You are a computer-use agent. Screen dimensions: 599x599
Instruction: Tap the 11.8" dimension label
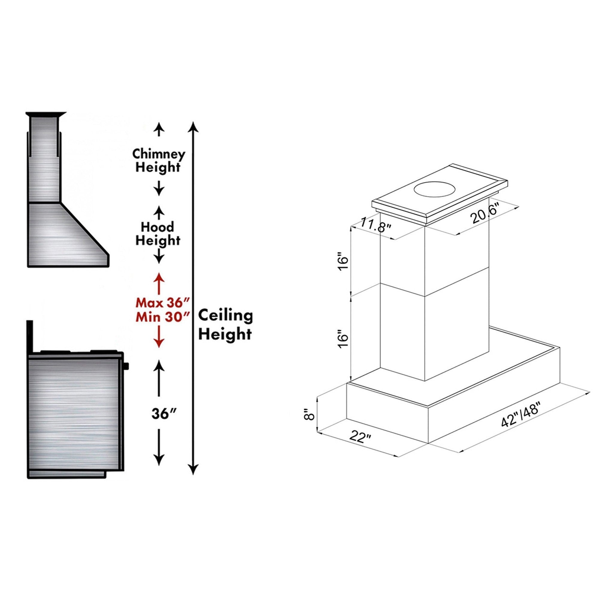pyautogui.click(x=376, y=226)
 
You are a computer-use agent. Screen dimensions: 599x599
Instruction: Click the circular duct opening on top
pyautogui.click(x=435, y=190)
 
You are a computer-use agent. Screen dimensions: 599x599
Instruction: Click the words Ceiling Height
pyautogui.click(x=226, y=325)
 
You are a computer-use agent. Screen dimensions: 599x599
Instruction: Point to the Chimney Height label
pyautogui.click(x=158, y=161)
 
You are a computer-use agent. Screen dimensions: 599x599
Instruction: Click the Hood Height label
pyautogui.click(x=158, y=234)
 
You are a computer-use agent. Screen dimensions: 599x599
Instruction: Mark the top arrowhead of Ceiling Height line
pyautogui.click(x=193, y=126)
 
